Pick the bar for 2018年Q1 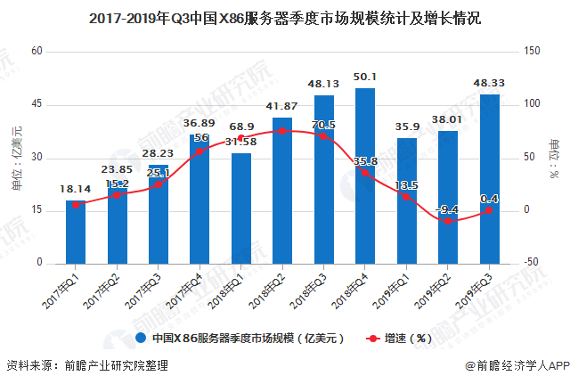[241, 208]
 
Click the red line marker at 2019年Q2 [448, 220]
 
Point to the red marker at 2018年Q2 [282, 131]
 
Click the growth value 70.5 [323, 124]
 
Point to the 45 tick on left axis [37, 105]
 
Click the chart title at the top [285, 17]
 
